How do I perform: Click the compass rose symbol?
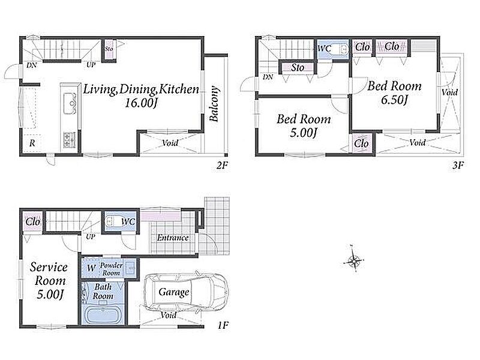tap(353, 261)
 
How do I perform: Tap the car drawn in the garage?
tap(186, 292)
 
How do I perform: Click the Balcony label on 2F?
tap(215, 103)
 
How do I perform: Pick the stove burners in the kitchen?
tap(70, 140)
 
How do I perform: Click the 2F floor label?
tap(222, 166)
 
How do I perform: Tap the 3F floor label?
tap(458, 166)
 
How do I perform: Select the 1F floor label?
tap(223, 325)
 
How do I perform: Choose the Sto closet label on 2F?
tap(109, 49)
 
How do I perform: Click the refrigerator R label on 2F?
tap(32, 143)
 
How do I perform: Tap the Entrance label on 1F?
tap(173, 238)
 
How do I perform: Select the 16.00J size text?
tap(141, 103)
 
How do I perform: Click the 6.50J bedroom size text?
tap(394, 100)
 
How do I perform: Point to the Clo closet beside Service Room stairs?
tap(32, 221)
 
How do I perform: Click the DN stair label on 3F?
tap(268, 77)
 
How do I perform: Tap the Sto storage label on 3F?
tap(298, 67)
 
